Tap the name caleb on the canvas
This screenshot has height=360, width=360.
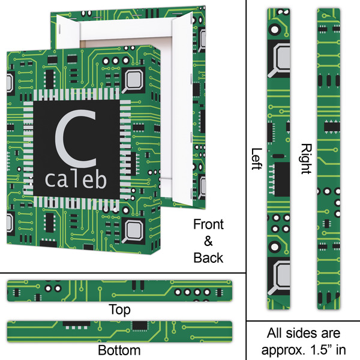[76, 179]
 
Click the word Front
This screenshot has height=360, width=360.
[208, 225]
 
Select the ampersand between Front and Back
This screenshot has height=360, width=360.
[208, 241]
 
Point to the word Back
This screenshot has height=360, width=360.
[208, 258]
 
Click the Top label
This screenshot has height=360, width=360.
[118, 310]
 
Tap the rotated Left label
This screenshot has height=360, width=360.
[257, 159]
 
